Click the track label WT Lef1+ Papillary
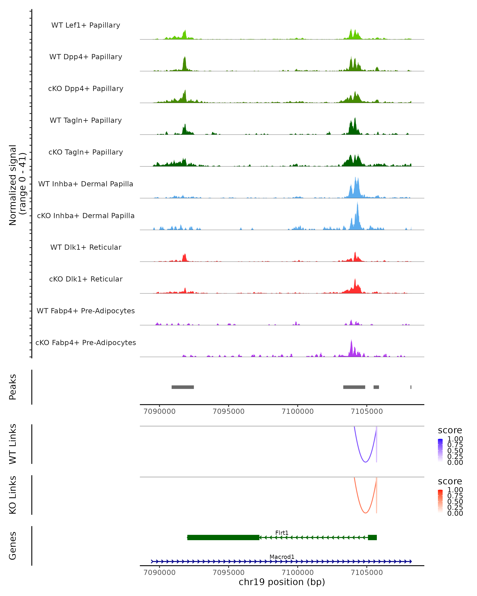click(86, 25)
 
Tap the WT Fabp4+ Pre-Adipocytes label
click(86, 311)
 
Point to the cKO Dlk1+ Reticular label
click(86, 279)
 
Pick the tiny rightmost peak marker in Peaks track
click(411, 387)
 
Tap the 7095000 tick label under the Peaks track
click(228, 411)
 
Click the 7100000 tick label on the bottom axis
click(298, 572)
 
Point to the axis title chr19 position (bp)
click(282, 582)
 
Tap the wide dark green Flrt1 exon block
click(223, 537)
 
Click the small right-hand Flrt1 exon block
click(372, 537)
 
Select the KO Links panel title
click(13, 495)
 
